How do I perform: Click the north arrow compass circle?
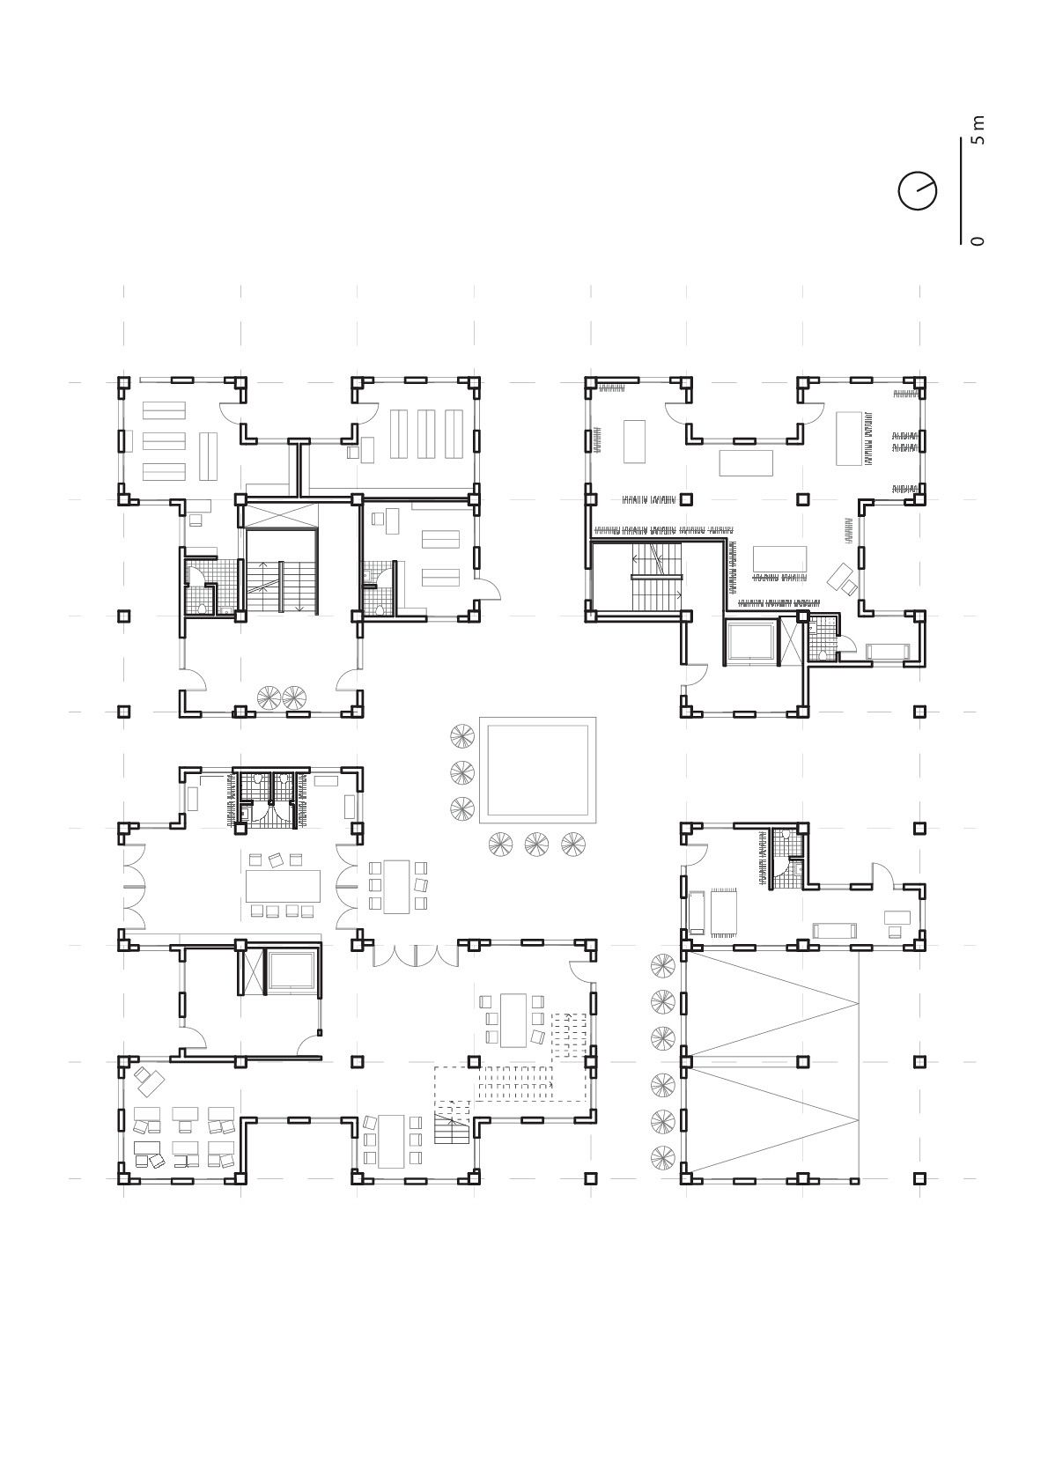pos(918,191)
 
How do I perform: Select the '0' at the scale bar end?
pos(978,240)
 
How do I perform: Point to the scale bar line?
pos(961,191)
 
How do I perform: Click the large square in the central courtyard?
pos(537,770)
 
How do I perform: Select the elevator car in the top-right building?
pos(750,641)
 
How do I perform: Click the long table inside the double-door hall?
pos(283,886)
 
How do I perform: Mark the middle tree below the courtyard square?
pos(536,844)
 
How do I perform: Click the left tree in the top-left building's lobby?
pos(269,697)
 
